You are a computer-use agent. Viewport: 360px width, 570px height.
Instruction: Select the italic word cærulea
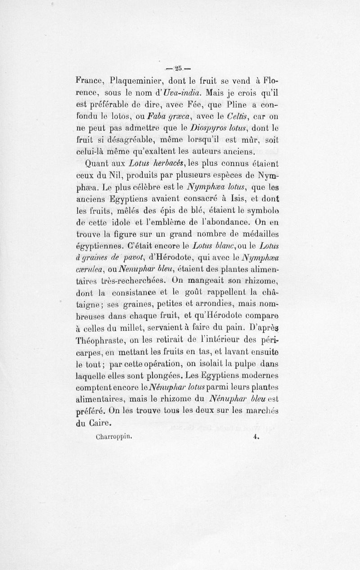click(90, 270)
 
